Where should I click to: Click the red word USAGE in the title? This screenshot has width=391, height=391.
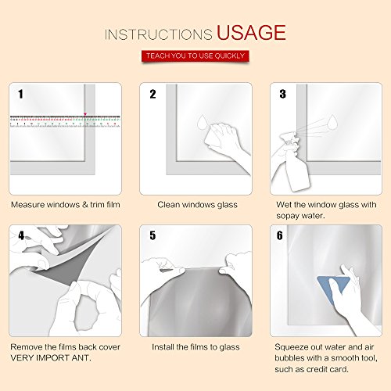(x=251, y=32)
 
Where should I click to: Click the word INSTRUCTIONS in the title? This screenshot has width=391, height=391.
(x=159, y=34)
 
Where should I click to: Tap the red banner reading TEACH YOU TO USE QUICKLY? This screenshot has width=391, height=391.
(x=195, y=56)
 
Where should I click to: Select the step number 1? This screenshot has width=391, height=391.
(x=20, y=94)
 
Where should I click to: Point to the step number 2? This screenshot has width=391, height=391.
(x=152, y=94)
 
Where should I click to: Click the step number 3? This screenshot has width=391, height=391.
(x=283, y=94)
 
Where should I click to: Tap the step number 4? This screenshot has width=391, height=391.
(x=21, y=235)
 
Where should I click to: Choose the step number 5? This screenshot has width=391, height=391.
(x=152, y=235)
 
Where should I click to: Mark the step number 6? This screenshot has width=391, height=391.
(x=280, y=235)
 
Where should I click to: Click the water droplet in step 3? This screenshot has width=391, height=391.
(x=332, y=122)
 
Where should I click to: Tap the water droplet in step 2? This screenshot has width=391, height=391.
(x=202, y=122)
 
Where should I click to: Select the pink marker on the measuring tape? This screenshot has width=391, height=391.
(x=85, y=114)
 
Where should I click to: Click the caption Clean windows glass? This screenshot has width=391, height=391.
(x=197, y=205)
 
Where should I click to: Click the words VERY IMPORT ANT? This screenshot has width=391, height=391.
(x=51, y=358)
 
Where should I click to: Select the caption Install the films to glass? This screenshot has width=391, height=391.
(x=195, y=347)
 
